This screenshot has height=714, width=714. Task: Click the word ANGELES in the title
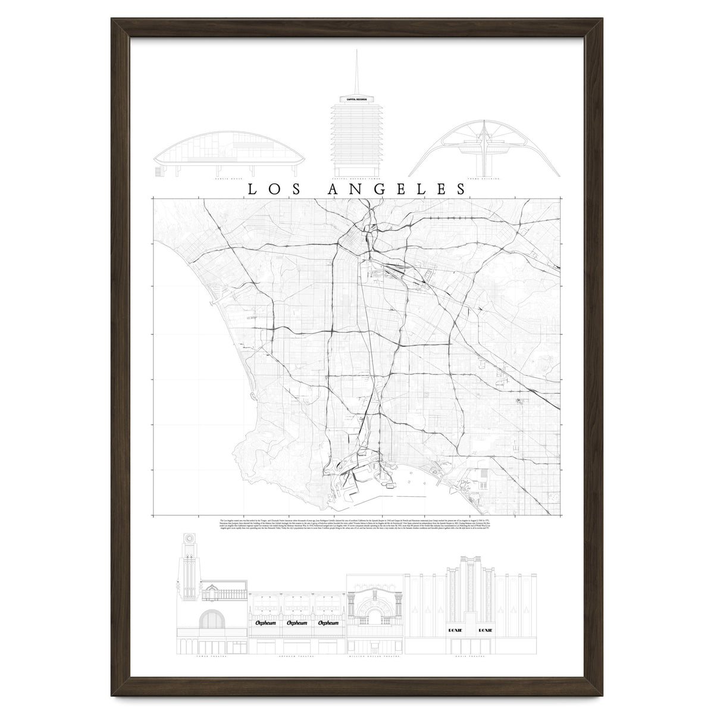pos(397,189)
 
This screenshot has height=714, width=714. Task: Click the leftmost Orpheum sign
pos(265,623)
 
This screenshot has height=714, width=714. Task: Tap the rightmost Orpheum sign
pos(328,623)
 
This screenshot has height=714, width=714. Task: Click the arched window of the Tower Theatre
pos(212,621)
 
